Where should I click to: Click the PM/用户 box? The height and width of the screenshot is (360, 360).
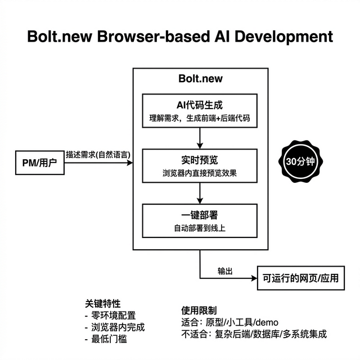click(40, 163)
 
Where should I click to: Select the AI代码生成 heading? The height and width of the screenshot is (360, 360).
click(200, 105)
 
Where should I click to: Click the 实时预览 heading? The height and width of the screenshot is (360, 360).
click(200, 160)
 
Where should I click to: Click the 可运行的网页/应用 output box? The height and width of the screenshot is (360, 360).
click(300, 277)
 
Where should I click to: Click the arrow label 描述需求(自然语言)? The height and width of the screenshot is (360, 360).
click(97, 154)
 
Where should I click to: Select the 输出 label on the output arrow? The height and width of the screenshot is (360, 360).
click(226, 271)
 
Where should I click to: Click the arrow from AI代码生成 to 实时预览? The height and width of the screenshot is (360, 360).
click(200, 138)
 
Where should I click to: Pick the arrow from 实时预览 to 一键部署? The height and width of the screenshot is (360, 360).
click(200, 193)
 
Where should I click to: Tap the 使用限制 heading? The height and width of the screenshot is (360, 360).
click(199, 310)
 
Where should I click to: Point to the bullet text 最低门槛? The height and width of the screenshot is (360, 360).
click(109, 339)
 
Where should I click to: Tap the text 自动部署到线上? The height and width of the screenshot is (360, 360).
click(200, 228)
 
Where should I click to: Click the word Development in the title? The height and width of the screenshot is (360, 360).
click(271, 37)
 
